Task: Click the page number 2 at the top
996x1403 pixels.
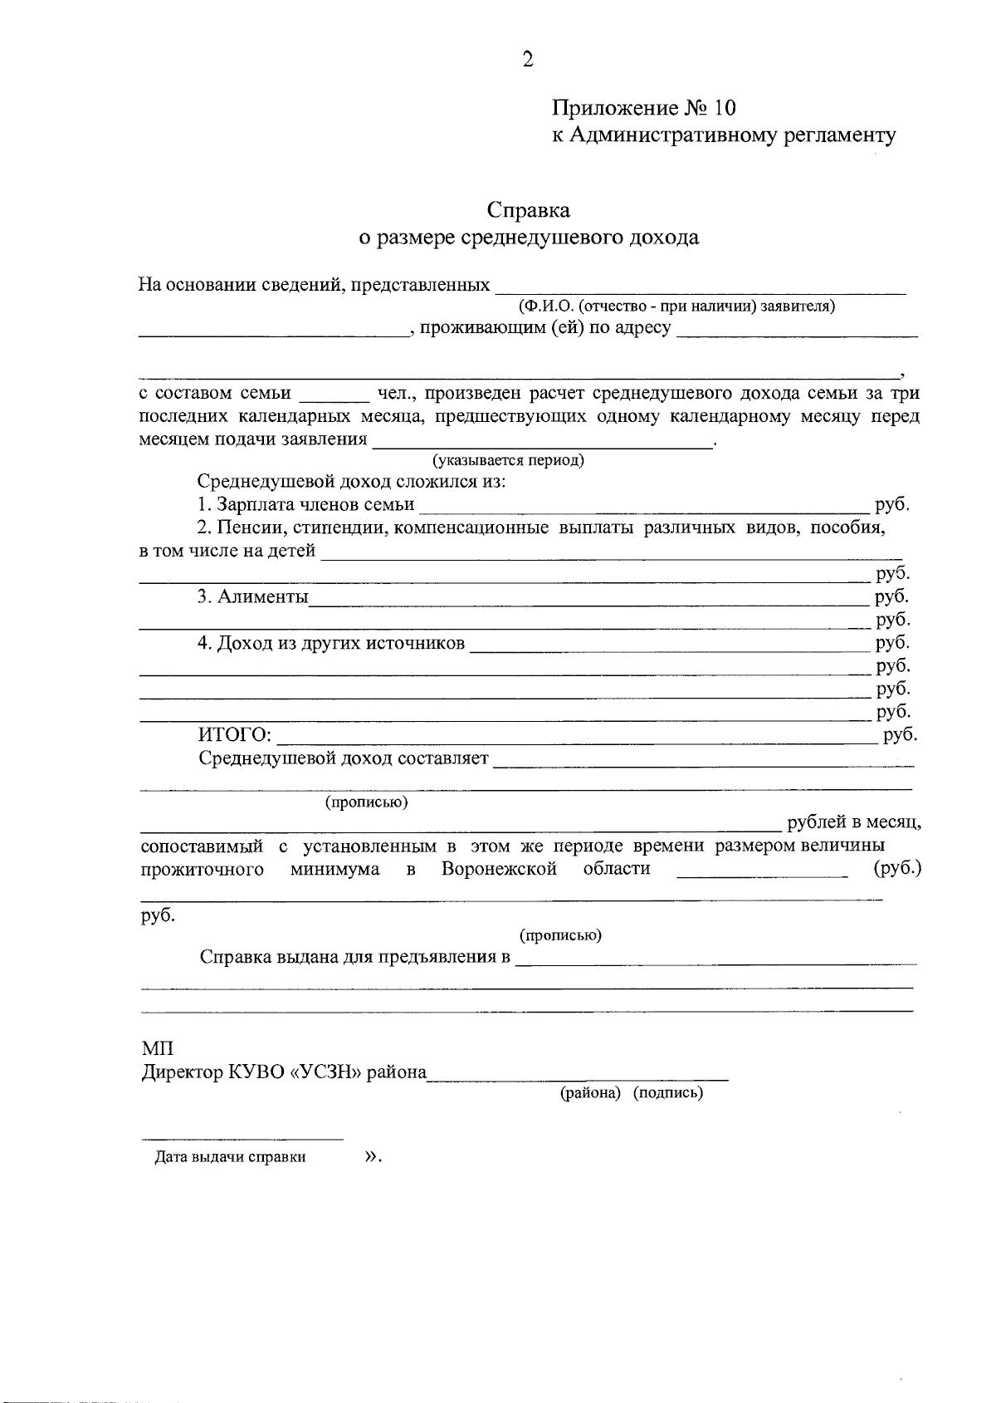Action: pos(527,59)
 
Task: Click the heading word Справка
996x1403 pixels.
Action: pos(529,210)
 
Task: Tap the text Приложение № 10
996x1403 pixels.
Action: pos(644,108)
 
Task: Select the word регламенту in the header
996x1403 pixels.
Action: pos(840,135)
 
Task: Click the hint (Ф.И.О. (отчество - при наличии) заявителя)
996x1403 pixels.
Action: pos(676,307)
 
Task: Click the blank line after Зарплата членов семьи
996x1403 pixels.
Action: pos(643,505)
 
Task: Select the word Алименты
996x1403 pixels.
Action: pos(262,597)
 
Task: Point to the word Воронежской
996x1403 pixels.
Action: pos(498,870)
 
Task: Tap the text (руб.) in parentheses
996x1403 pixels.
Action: pos(897,869)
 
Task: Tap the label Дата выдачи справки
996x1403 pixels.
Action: pos(230,1157)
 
